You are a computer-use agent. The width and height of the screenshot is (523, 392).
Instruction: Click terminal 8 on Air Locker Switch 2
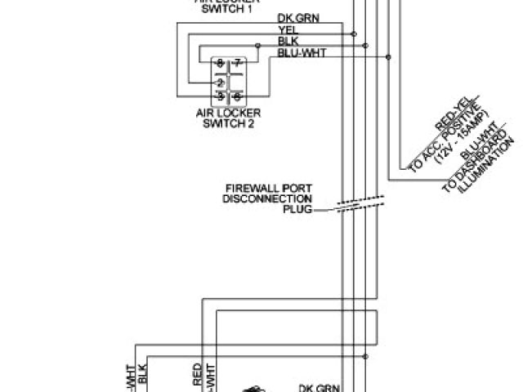point(220,63)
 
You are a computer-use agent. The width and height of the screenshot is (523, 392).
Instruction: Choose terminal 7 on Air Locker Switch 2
point(237,63)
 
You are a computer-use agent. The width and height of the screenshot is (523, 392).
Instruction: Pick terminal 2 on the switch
point(220,82)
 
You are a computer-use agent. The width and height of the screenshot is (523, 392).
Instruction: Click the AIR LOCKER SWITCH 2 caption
point(226,119)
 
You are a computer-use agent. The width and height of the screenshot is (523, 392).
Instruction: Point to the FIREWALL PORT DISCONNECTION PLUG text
point(269,198)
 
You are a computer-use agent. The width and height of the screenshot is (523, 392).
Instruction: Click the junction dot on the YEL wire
point(354,34)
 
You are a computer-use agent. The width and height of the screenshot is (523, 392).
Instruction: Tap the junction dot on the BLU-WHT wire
point(388,56)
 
